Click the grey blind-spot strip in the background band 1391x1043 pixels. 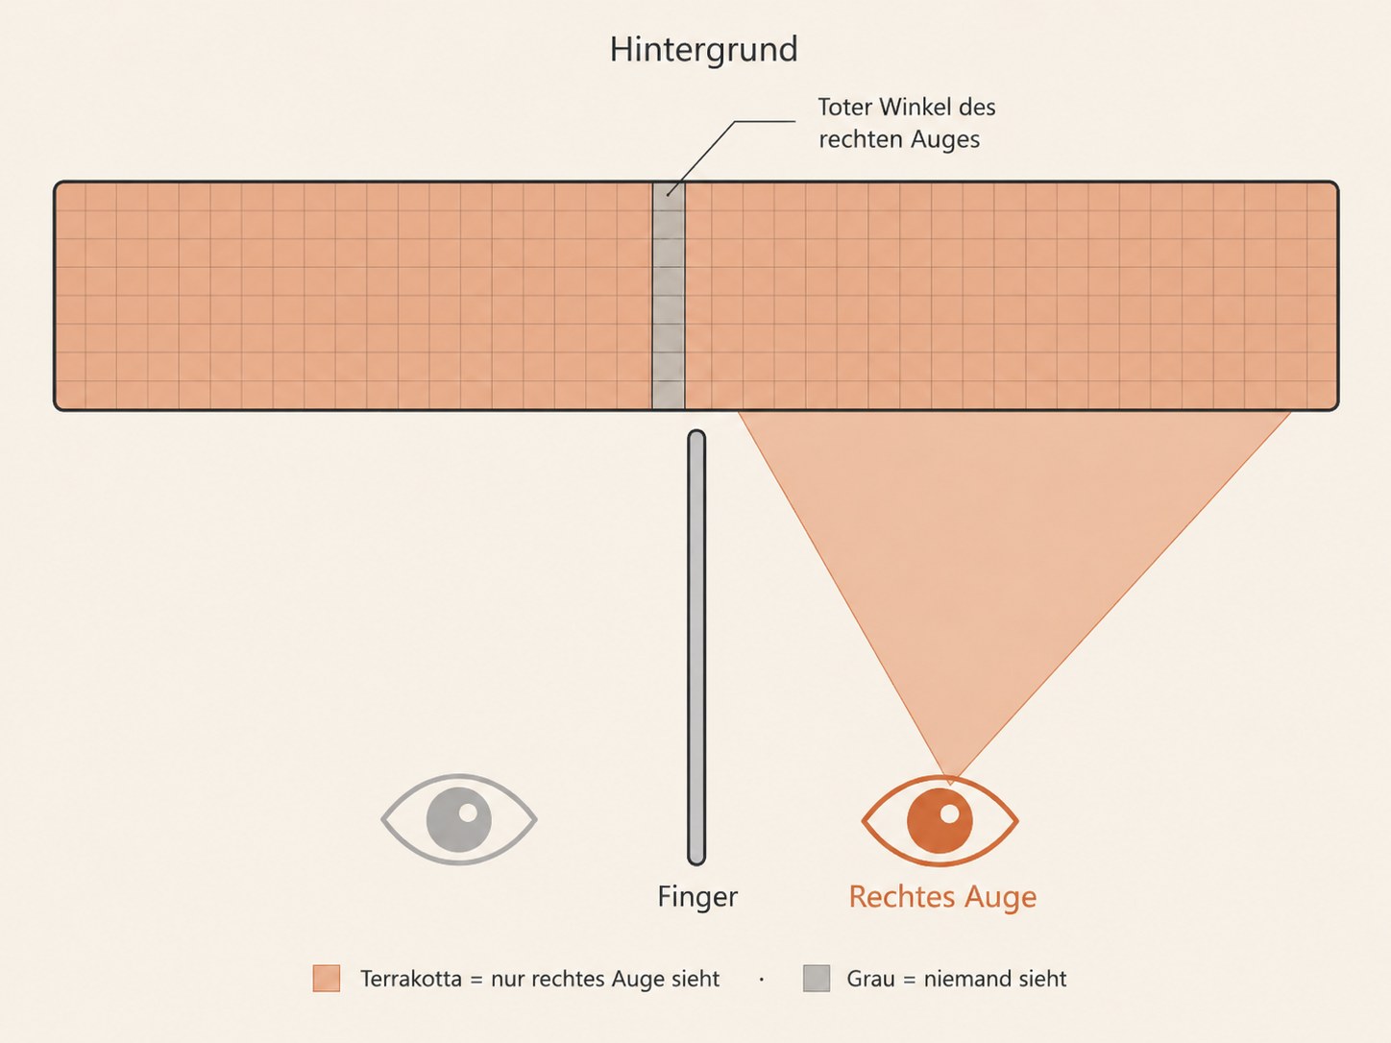click(x=669, y=296)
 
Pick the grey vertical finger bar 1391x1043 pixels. click(x=696, y=647)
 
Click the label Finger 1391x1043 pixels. click(x=697, y=897)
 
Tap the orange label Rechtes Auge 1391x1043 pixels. click(x=942, y=897)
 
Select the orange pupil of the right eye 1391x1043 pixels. click(x=940, y=821)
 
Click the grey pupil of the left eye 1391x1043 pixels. click(x=459, y=819)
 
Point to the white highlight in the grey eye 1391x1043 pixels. click(x=468, y=813)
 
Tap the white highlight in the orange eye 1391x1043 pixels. click(x=949, y=813)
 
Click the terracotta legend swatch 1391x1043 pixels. click(x=327, y=979)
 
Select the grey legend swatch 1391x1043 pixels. click(x=817, y=979)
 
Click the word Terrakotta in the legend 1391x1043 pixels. click(x=411, y=979)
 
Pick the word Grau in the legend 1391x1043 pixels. click(x=872, y=979)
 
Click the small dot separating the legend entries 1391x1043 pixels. click(x=762, y=980)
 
